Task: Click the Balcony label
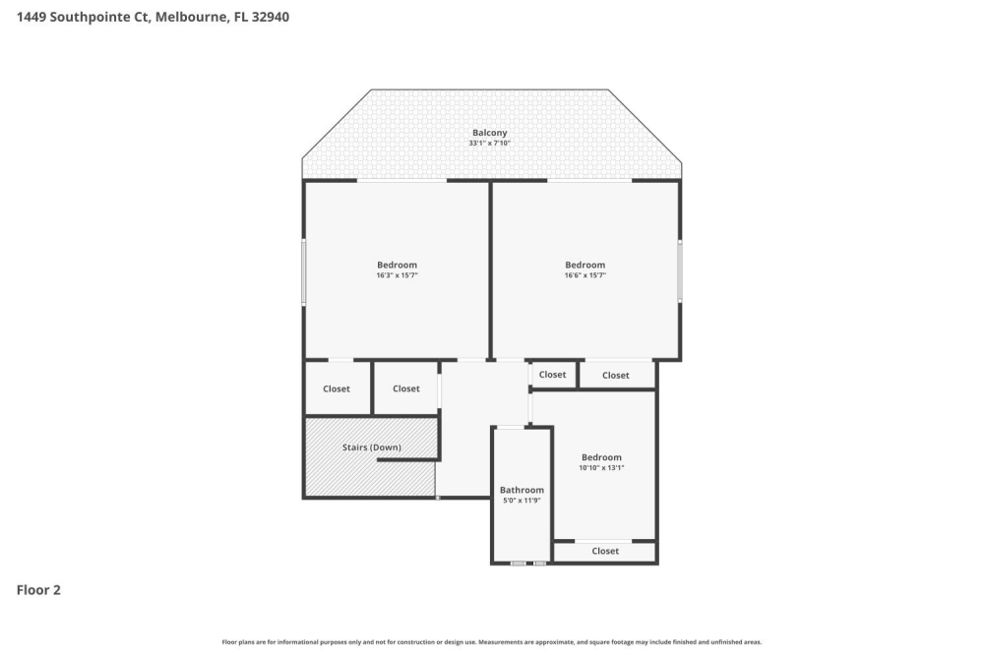489,133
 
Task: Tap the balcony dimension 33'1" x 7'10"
489,143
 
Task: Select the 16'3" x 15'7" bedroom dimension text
397,275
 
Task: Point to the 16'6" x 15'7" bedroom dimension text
584,275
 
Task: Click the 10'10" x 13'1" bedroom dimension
601,468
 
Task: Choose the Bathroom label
522,490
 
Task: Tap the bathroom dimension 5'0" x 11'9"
522,501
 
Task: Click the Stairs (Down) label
372,447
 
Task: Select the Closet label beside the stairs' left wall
337,389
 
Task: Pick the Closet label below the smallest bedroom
605,551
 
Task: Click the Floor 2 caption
38,590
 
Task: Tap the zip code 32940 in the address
271,17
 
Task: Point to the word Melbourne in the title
192,17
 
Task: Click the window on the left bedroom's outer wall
304,271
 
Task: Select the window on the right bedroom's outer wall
680,271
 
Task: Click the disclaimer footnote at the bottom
491,642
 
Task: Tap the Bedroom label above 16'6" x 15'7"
584,265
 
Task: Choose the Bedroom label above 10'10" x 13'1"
601,457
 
